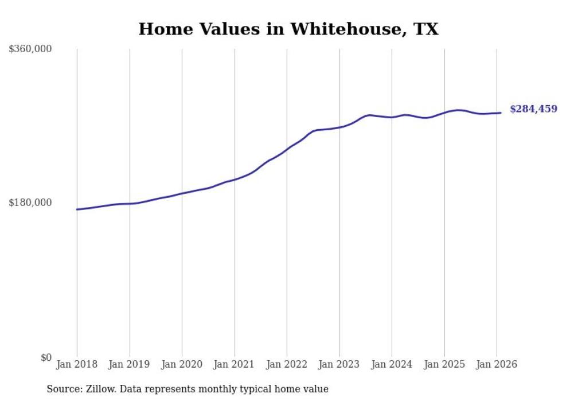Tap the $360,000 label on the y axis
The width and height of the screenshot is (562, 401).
30,49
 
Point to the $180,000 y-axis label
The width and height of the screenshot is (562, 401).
30,203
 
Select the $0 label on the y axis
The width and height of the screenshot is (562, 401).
46,357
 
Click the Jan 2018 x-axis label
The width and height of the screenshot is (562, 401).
77,364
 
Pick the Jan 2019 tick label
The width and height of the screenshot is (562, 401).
130,364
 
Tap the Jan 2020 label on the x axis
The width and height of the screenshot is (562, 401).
182,364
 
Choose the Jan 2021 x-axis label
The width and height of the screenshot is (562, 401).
235,364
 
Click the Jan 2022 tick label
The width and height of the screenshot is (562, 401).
287,364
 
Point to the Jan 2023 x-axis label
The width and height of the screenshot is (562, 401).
339,364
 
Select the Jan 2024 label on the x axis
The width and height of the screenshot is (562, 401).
392,364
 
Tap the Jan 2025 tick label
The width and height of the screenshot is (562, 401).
444,364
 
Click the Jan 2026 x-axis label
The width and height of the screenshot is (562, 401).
497,364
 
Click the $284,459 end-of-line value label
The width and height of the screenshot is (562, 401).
533,109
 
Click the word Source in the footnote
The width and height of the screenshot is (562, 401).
62,390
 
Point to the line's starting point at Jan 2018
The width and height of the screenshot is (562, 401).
77,209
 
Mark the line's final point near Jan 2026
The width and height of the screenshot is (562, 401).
501,112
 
